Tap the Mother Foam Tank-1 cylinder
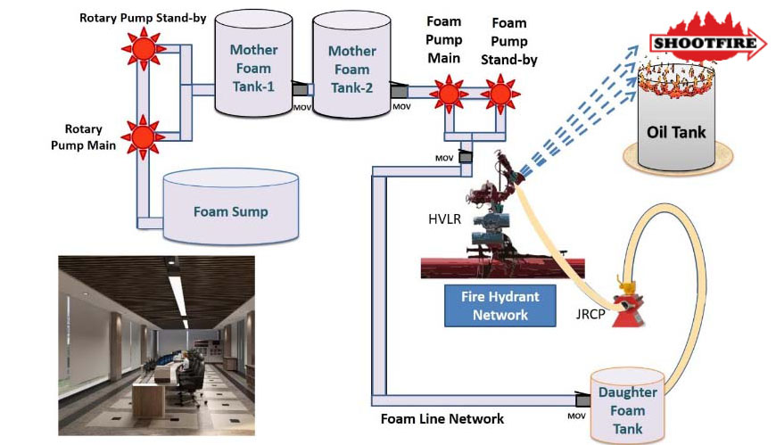click(x=253, y=68)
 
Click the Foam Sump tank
click(x=231, y=211)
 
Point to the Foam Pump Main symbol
click(x=449, y=91)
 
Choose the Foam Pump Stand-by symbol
click(x=502, y=91)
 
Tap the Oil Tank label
click(x=676, y=133)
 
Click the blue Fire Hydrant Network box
click(x=499, y=305)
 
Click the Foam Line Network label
click(x=442, y=418)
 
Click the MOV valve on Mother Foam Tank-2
click(x=398, y=91)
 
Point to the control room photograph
click(x=156, y=345)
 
